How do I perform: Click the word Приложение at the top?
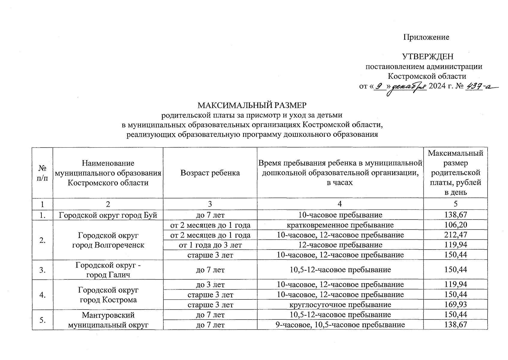(x=426, y=37)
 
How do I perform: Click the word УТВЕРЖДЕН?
(x=428, y=56)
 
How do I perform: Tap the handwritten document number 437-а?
(x=480, y=86)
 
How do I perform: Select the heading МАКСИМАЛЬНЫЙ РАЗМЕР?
(x=252, y=106)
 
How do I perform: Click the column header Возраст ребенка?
(x=210, y=173)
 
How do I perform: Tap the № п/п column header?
(x=42, y=173)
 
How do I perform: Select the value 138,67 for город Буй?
(x=456, y=215)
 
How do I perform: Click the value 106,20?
(x=456, y=225)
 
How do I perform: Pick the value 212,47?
(x=456, y=235)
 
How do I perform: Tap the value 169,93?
(x=456, y=305)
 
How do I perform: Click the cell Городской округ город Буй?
(x=108, y=215)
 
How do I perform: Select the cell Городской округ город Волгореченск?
(x=108, y=240)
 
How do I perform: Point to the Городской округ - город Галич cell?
(x=108, y=270)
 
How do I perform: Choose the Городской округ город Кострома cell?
(x=108, y=295)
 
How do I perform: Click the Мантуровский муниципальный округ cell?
(x=108, y=320)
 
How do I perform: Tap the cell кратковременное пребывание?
(x=340, y=225)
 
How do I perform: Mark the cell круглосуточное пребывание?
(x=340, y=305)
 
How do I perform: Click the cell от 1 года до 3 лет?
(x=210, y=245)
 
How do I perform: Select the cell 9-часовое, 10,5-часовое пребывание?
(x=340, y=325)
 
